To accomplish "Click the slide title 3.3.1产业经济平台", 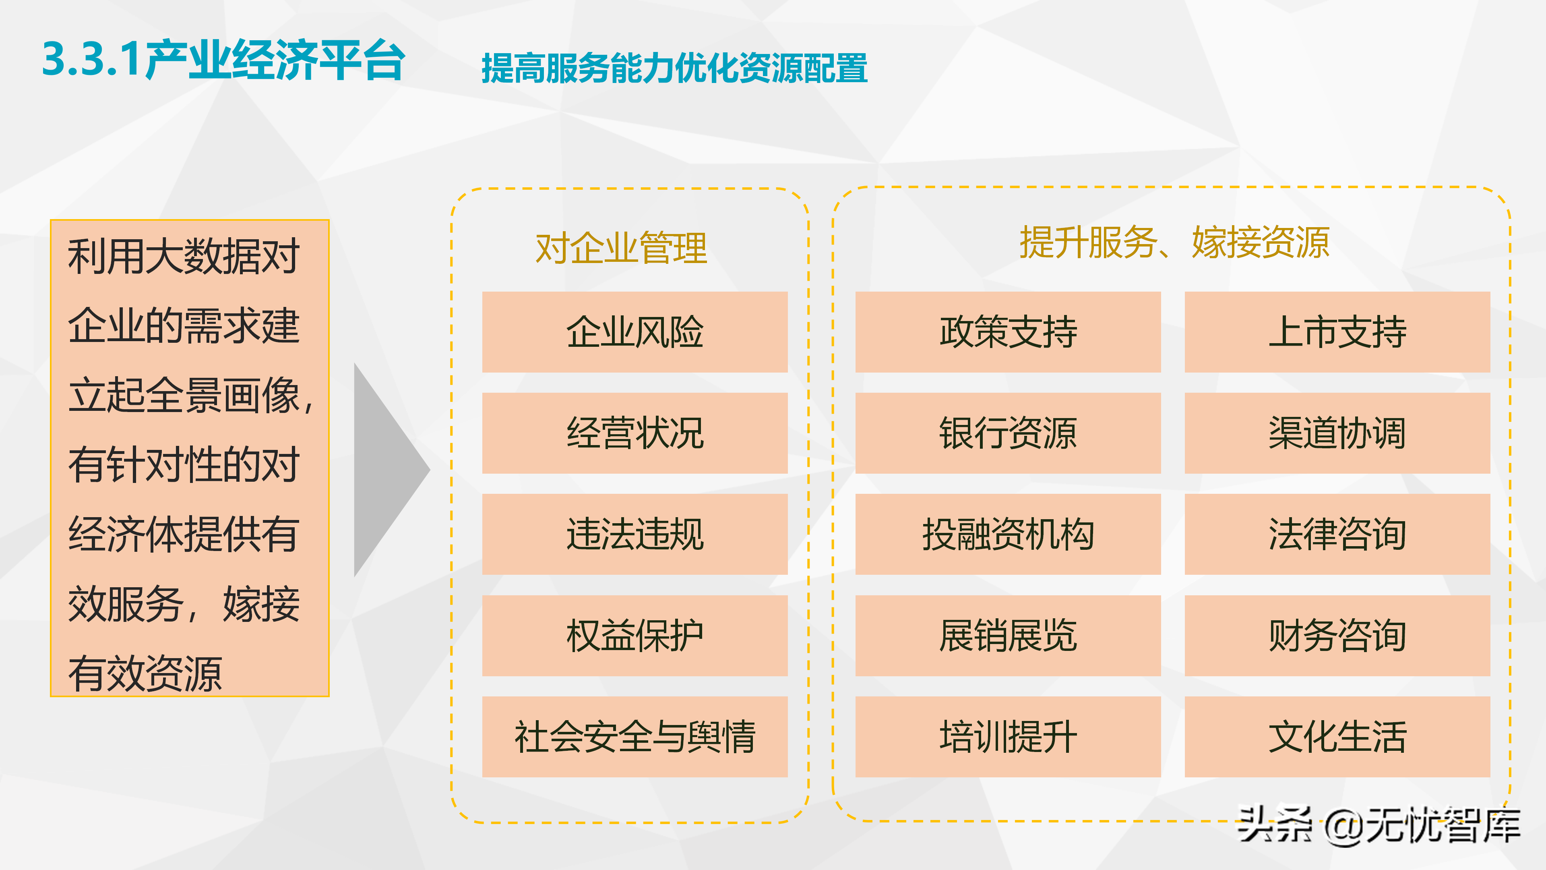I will click(x=223, y=60).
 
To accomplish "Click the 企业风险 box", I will click(x=635, y=332).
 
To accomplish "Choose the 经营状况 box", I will click(x=635, y=433).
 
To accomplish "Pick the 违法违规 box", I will click(x=635, y=534).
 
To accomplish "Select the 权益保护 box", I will click(x=635, y=635).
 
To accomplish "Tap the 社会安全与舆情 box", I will click(x=635, y=737).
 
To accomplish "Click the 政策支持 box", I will click(x=1008, y=332).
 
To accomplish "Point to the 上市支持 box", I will click(x=1337, y=332).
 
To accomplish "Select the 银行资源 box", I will click(x=1008, y=433).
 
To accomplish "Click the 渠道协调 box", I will click(x=1337, y=433).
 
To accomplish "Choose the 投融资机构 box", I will click(x=1008, y=534).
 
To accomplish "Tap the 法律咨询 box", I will click(x=1337, y=534).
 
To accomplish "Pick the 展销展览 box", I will click(x=1008, y=635).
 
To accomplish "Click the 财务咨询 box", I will click(x=1337, y=635).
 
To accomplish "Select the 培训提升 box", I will click(x=1008, y=737).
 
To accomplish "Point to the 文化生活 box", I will click(x=1337, y=737).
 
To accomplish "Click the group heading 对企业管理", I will click(x=621, y=248).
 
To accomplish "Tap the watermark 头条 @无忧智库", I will click(x=1379, y=826).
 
